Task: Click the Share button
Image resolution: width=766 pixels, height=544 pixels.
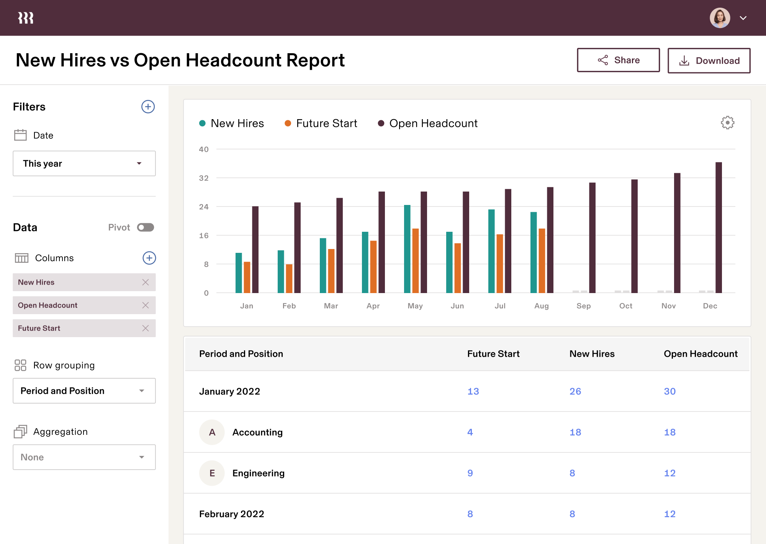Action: coord(618,60)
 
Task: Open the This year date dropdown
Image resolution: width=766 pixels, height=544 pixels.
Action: coord(84,164)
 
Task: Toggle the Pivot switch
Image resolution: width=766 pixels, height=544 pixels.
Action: coord(146,228)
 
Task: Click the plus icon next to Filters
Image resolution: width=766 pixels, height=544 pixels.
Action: coord(148,107)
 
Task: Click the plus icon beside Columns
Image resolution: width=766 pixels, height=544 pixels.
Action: coord(149,258)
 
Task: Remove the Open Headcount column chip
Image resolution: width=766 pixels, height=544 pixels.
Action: coord(146,305)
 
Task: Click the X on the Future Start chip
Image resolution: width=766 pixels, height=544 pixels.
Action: coord(146,328)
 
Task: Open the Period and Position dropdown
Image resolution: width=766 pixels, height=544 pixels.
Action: coord(84,391)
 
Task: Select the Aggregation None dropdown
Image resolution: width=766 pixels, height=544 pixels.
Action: coord(84,457)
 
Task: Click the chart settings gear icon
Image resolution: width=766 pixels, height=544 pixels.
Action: coord(727,123)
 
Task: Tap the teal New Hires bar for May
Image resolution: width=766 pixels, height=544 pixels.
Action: coord(407,249)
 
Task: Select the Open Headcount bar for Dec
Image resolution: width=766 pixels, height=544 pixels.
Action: coord(719,228)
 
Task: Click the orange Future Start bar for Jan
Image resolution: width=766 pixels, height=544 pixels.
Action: coord(247,277)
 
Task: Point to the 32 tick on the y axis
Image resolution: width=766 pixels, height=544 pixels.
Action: coord(204,178)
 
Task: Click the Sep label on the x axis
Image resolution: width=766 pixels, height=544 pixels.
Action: coord(583,306)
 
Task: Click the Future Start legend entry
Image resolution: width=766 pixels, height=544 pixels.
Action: coord(321,123)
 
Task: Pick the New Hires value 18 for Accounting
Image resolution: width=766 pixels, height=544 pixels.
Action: coord(575,432)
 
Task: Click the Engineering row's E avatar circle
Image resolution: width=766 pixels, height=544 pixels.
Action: coord(212,473)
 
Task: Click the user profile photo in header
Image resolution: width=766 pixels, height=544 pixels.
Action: coord(720,18)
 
